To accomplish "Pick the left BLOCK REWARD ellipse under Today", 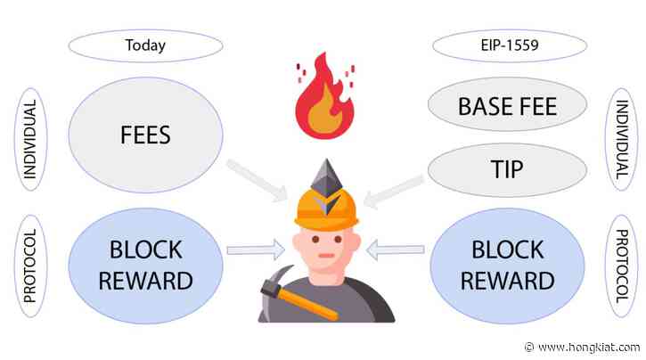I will tap(144, 265).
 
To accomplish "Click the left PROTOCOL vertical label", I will tap(29, 265).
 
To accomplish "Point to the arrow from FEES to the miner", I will tap(254, 175).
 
